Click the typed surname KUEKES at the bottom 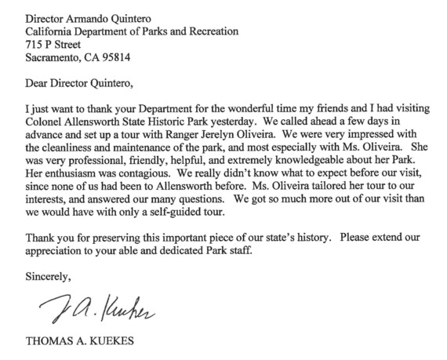[99, 342]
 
